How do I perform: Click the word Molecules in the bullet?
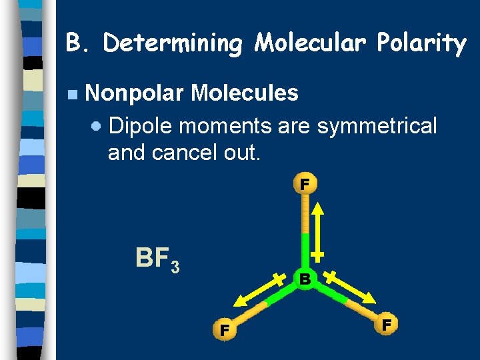[x=244, y=93]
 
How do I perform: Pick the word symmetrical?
[x=377, y=125]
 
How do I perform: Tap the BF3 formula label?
[x=157, y=258]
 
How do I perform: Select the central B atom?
[x=305, y=279]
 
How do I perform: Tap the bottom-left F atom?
[x=225, y=329]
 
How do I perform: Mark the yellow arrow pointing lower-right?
[x=349, y=288]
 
